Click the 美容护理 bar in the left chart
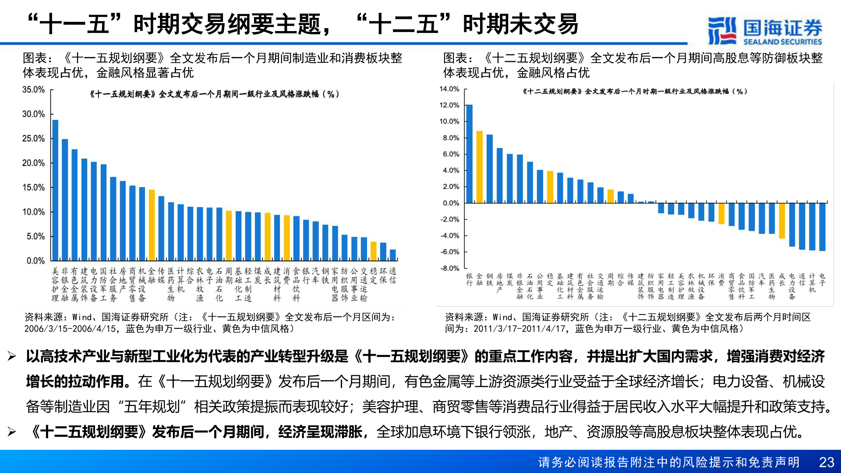coord(55,191)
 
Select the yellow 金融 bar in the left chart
coord(152,225)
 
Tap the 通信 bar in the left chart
coord(393,255)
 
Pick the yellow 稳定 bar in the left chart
coord(374,251)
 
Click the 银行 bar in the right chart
coord(470,154)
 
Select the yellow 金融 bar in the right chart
coord(480,167)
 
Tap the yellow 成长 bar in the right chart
coord(782,220)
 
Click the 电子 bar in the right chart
coord(822,226)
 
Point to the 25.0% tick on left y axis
coord(34,138)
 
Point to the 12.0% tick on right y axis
coord(449,105)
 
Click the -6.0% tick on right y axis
coord(449,252)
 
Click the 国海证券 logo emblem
coord(721,31)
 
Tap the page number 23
coord(827,462)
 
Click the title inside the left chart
coord(214,94)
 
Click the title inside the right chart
coord(635,92)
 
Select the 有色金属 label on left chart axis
coord(74,285)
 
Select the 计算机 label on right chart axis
coord(812,283)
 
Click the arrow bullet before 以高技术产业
coord(12,357)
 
